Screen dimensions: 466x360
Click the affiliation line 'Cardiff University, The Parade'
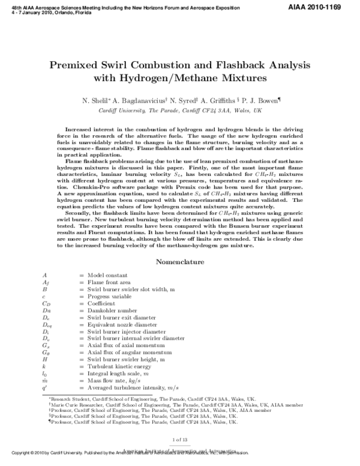[x=180, y=111]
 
